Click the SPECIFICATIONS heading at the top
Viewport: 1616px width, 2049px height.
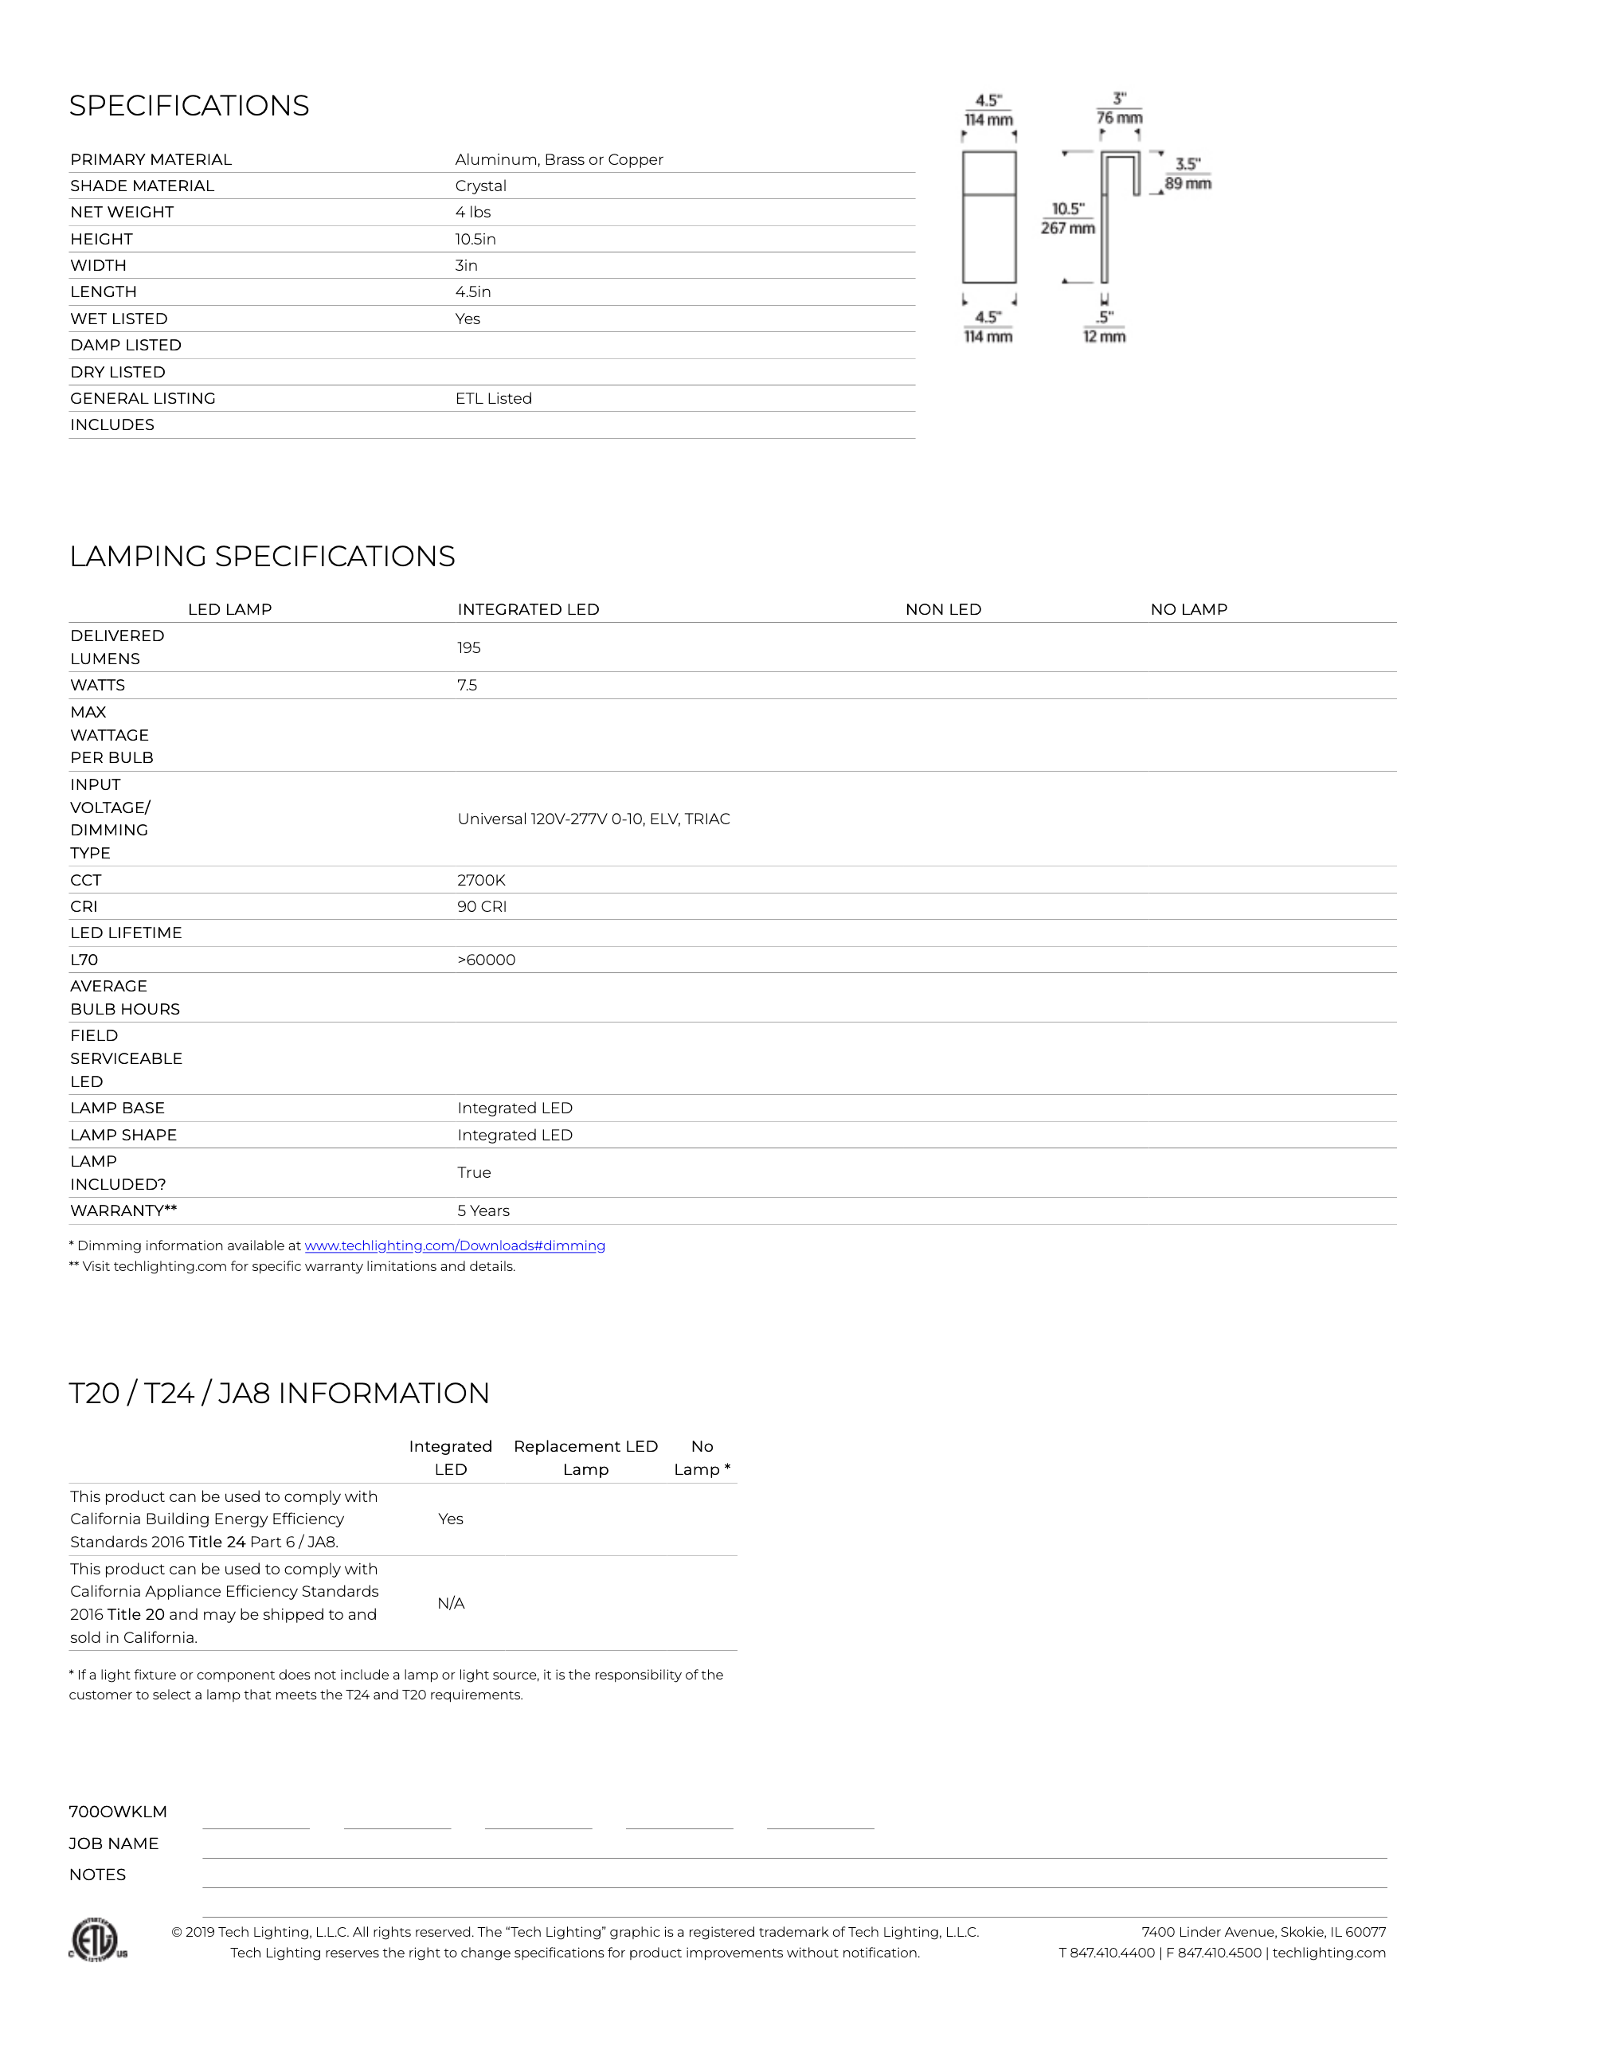pyautogui.click(x=190, y=106)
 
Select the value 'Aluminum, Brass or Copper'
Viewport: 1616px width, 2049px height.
pyautogui.click(x=558, y=160)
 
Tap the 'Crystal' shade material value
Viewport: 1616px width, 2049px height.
pyautogui.click(x=480, y=186)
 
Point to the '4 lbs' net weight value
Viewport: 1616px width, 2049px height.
pyautogui.click(x=472, y=213)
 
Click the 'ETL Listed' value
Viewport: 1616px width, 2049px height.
pyautogui.click(x=493, y=399)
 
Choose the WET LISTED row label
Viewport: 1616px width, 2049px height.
pyautogui.click(x=118, y=319)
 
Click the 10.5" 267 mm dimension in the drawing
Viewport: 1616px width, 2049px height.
pyautogui.click(x=1067, y=218)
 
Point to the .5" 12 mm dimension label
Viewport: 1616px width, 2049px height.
pyautogui.click(x=1104, y=327)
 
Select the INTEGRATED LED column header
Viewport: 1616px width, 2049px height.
pyautogui.click(x=528, y=610)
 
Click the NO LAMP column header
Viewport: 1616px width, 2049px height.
pyautogui.click(x=1188, y=610)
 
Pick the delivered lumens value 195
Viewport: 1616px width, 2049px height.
pyautogui.click(x=468, y=648)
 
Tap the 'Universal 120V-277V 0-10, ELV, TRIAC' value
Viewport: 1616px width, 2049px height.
pyautogui.click(x=593, y=819)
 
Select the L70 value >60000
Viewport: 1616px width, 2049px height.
pyautogui.click(x=487, y=960)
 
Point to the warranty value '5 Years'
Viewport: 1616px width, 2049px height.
pyautogui.click(x=483, y=1211)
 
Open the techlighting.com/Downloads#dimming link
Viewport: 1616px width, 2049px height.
pyautogui.click(x=454, y=1245)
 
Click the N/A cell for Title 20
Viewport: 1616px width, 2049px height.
pyautogui.click(x=450, y=1603)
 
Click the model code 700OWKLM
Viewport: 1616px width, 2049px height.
pyautogui.click(x=117, y=1812)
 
